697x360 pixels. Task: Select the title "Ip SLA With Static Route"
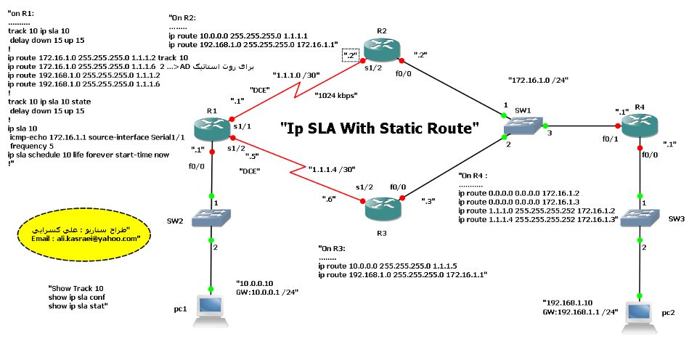click(x=380, y=128)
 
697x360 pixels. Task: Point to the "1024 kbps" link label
click(x=336, y=95)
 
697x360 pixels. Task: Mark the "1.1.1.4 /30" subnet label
click(x=334, y=171)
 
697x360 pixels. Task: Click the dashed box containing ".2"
click(x=351, y=55)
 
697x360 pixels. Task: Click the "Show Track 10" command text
click(x=76, y=288)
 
